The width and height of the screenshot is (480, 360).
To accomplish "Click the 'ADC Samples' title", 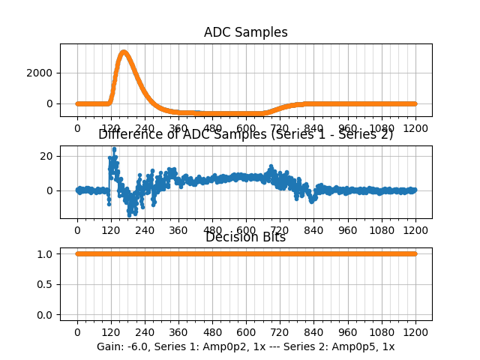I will pos(245,32).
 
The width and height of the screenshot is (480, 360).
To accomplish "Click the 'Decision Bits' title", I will pos(245,238).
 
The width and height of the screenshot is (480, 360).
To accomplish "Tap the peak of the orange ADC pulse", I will pos(124,52).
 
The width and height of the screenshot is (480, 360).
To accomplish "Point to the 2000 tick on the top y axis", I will pos(43,73).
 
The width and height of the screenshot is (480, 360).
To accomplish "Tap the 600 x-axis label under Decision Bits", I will pos(246,331).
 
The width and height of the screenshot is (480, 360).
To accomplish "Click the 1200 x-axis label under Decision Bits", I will pos(415,331).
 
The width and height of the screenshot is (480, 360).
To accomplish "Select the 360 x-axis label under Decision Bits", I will pos(178,331).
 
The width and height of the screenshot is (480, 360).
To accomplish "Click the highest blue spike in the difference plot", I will pos(114,148).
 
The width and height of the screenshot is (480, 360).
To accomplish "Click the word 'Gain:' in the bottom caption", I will pos(111,346).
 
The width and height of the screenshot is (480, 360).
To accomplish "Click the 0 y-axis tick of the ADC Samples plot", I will pos(52,103).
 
